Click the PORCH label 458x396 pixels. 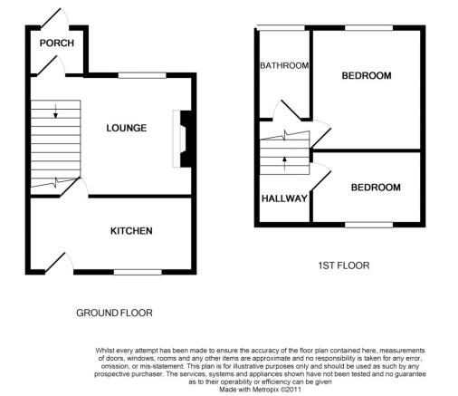[57, 43]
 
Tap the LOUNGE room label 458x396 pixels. [127, 128]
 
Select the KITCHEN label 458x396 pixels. [131, 231]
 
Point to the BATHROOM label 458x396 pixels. [284, 65]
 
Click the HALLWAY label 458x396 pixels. [284, 198]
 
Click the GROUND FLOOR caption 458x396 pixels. [114, 313]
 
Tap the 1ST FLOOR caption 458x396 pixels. [344, 266]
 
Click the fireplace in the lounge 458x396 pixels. [182, 139]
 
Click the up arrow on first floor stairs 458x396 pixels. [284, 164]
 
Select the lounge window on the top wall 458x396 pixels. [142, 75]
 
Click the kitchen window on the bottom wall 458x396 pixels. [138, 272]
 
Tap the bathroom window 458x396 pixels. [281, 28]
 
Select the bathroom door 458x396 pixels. [291, 110]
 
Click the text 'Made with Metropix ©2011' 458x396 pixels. [260, 390]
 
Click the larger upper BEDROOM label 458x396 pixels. [367, 75]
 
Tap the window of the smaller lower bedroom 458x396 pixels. [369, 225]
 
